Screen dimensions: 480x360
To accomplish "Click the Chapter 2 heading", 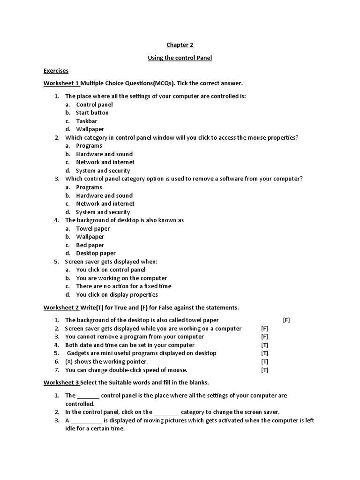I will click(x=180, y=45).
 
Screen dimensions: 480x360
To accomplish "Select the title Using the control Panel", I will click(x=180, y=58).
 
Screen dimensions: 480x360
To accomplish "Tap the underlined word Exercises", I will click(x=56, y=71).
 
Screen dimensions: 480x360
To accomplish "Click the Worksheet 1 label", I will click(x=61, y=83).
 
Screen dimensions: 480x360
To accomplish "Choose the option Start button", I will click(x=92, y=112).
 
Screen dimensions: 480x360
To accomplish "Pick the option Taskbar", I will click(x=87, y=121).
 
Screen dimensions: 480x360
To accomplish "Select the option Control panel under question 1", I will click(x=94, y=105).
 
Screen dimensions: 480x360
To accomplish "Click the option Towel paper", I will click(x=93, y=229).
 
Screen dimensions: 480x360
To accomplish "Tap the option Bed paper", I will click(x=90, y=245).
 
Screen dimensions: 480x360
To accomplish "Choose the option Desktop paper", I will click(x=96, y=254).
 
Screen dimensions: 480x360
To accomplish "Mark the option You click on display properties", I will click(x=117, y=295).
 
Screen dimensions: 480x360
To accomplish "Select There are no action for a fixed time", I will click(x=124, y=286).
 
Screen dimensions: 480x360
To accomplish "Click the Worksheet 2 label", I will click(x=61, y=307).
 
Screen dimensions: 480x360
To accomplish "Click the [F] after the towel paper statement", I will click(x=286, y=320).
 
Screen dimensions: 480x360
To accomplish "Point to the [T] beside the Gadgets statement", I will click(x=265, y=353).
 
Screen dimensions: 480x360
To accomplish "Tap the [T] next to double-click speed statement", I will click(x=265, y=370).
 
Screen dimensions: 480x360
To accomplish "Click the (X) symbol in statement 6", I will click(x=69, y=361).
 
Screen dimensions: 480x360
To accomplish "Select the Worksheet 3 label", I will click(x=61, y=382).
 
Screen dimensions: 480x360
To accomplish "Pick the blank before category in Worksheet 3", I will click(x=166, y=412).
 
